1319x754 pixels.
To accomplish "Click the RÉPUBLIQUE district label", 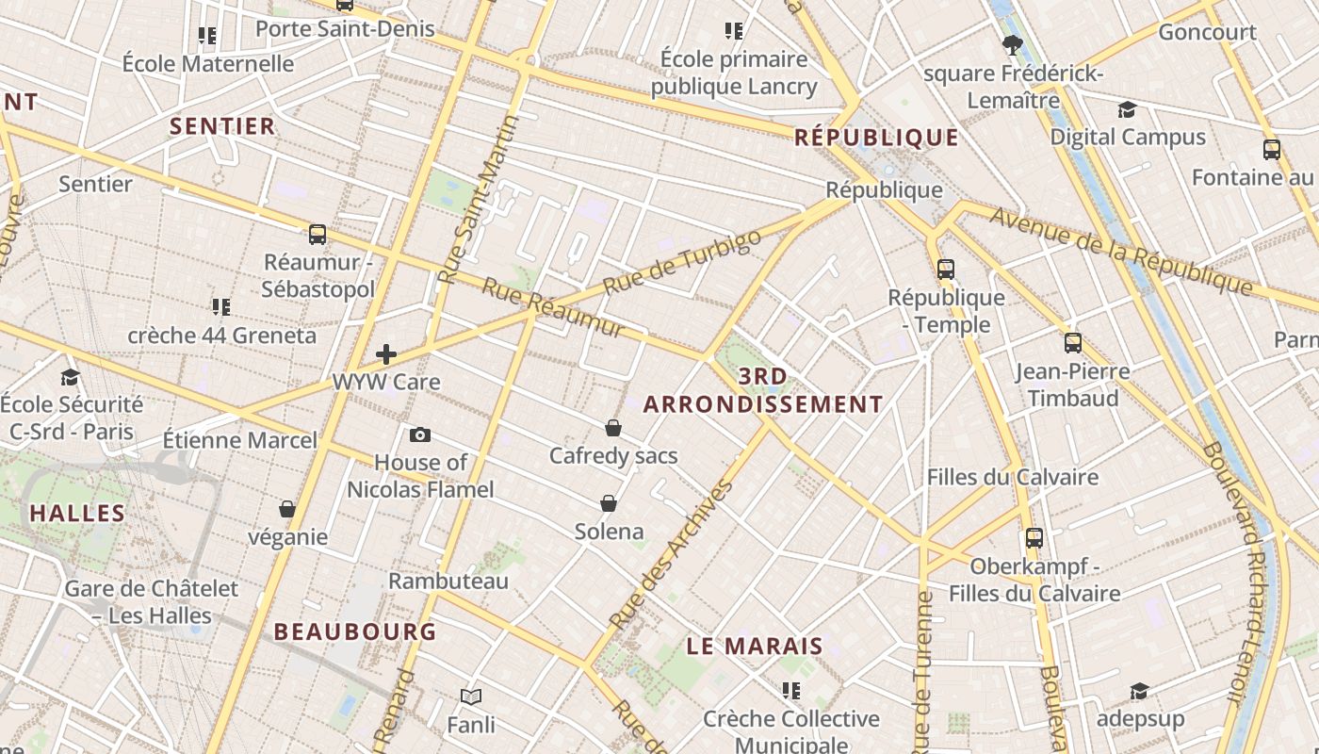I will (x=876, y=138).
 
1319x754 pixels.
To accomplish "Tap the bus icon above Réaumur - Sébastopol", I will (x=318, y=235).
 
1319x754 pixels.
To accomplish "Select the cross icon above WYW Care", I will (x=386, y=354).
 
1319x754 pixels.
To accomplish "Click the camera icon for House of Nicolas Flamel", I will (x=420, y=434).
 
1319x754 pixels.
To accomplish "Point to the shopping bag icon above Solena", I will (x=609, y=503).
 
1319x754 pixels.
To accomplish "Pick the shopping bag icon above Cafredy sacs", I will (x=613, y=429).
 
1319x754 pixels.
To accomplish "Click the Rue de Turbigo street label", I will (x=681, y=261).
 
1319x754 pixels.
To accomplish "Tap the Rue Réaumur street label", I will (x=553, y=307).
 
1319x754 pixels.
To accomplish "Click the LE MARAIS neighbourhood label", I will (x=755, y=647).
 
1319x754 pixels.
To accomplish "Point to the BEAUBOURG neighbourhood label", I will (x=355, y=631).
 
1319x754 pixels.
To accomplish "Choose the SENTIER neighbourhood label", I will (x=222, y=126).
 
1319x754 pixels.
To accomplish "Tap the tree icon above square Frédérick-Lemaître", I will (x=1013, y=44).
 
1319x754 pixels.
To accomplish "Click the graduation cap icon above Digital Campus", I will (x=1127, y=110).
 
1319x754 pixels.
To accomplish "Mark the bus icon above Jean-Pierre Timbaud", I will (x=1072, y=343).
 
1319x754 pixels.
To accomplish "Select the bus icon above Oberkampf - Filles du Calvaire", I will (x=1034, y=538).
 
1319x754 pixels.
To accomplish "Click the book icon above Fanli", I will (x=471, y=697).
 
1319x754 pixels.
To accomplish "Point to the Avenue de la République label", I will (x=1121, y=250).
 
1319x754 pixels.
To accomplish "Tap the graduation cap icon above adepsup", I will (x=1139, y=692).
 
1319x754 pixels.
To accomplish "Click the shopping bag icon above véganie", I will (x=287, y=510).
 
